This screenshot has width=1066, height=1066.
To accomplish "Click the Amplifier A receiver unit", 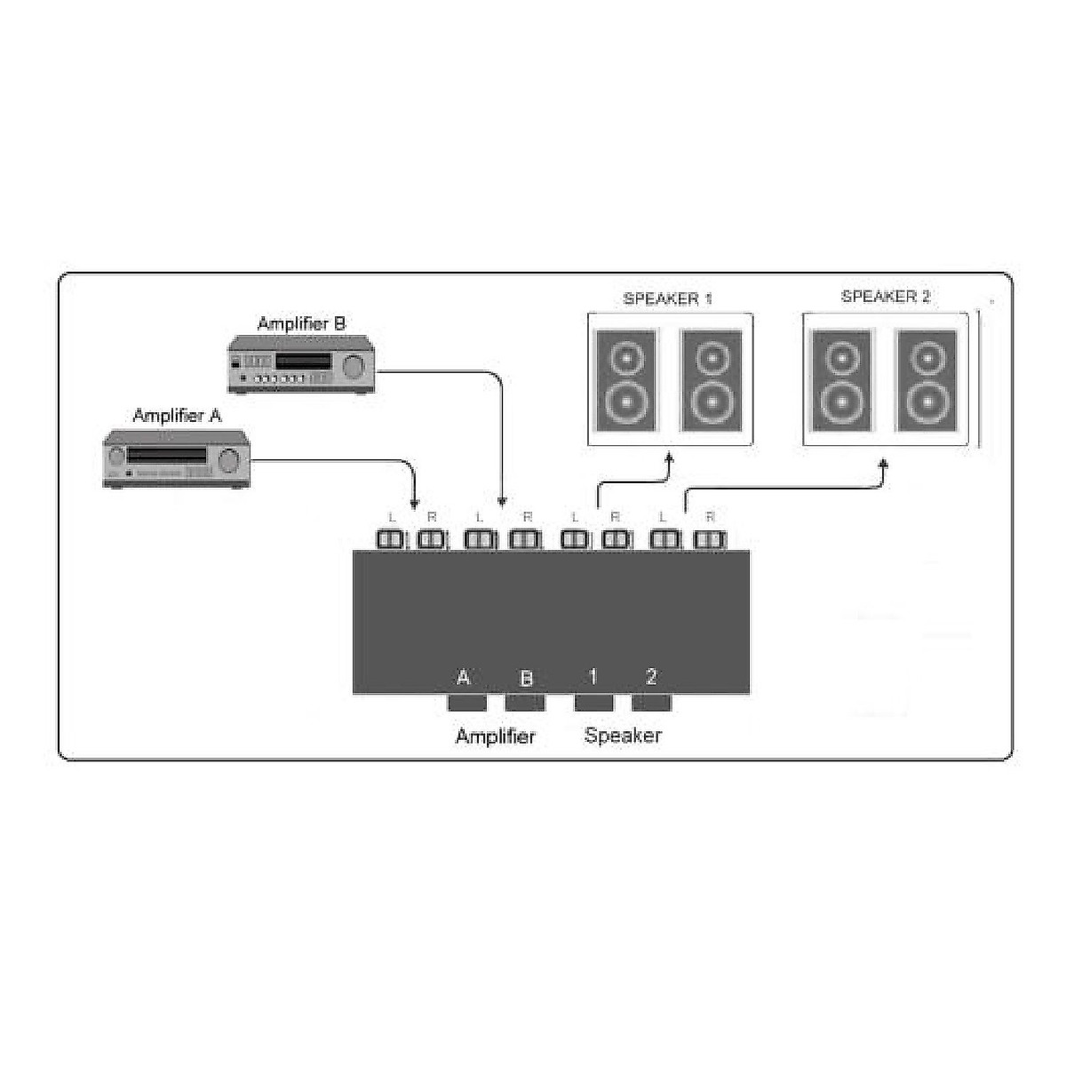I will coord(176,458).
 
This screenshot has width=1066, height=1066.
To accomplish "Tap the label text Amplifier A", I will coord(177,416).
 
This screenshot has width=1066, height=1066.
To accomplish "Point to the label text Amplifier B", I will coord(301,323).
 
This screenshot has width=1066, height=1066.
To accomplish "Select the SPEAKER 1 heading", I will coord(668,298).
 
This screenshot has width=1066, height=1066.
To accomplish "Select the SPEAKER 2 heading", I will coord(886,297).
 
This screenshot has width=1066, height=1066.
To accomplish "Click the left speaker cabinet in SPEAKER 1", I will coord(626,380).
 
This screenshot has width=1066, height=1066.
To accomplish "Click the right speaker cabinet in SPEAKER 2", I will coord(925,379).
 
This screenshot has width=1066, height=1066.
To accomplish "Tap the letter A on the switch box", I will coord(463,678).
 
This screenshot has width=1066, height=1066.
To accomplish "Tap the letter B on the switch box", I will coord(526,680).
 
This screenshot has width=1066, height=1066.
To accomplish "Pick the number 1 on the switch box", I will coord(593,678).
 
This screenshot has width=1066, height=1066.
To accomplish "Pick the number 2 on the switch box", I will coord(651,678).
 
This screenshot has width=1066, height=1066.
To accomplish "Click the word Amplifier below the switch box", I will coord(496,736).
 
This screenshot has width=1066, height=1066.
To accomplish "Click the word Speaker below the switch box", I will coord(623,736).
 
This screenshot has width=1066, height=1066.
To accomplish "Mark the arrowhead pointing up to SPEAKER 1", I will coord(670,457).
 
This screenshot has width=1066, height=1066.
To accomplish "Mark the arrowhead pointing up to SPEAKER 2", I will coord(885,464).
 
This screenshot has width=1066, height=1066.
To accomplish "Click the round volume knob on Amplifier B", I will coord(354,367).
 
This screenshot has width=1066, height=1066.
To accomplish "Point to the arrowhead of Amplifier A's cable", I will coord(414,504).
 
